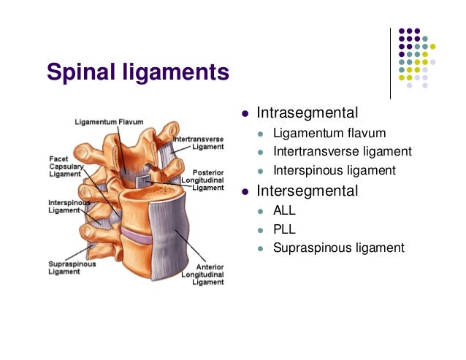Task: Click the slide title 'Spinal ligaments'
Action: [138, 72]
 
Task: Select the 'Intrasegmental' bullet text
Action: [307, 113]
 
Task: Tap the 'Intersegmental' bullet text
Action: [307, 191]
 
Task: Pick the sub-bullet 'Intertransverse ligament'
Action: [343, 152]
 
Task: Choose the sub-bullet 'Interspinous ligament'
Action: [335, 171]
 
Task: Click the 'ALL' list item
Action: [284, 210]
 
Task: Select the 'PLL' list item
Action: [284, 229]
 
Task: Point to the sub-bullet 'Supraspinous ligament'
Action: [338, 248]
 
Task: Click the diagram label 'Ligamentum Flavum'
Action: [109, 122]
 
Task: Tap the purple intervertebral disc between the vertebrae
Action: [136, 235]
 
